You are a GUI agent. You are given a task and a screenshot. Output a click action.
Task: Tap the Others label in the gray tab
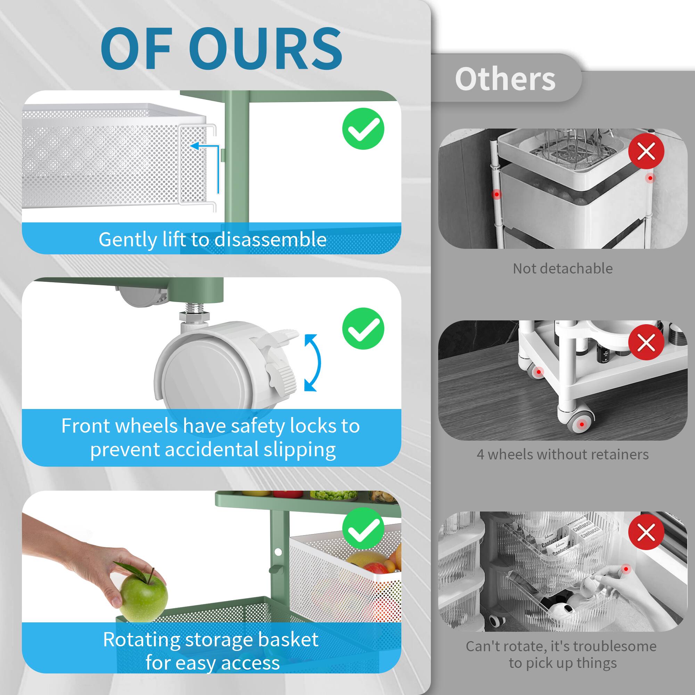coord(505,79)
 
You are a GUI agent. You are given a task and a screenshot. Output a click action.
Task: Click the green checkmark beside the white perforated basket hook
coord(363,129)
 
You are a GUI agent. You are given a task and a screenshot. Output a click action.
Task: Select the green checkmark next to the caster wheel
coord(363,328)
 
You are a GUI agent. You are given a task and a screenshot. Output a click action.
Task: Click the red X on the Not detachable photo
coord(646,151)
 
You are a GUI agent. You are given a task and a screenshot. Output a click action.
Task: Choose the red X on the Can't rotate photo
coord(646,532)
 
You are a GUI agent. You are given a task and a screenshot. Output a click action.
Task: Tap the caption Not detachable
coord(563,269)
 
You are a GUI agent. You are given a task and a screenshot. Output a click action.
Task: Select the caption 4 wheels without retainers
coord(563,454)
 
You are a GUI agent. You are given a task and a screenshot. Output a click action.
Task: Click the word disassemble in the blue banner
coord(270,239)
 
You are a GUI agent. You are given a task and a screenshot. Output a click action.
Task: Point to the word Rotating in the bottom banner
coord(141,639)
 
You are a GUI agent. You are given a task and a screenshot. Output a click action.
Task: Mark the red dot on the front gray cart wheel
coord(582,425)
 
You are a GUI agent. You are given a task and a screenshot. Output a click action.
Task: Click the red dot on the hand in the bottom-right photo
coord(626,569)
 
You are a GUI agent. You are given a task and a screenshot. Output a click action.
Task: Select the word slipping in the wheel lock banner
coord(299,450)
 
